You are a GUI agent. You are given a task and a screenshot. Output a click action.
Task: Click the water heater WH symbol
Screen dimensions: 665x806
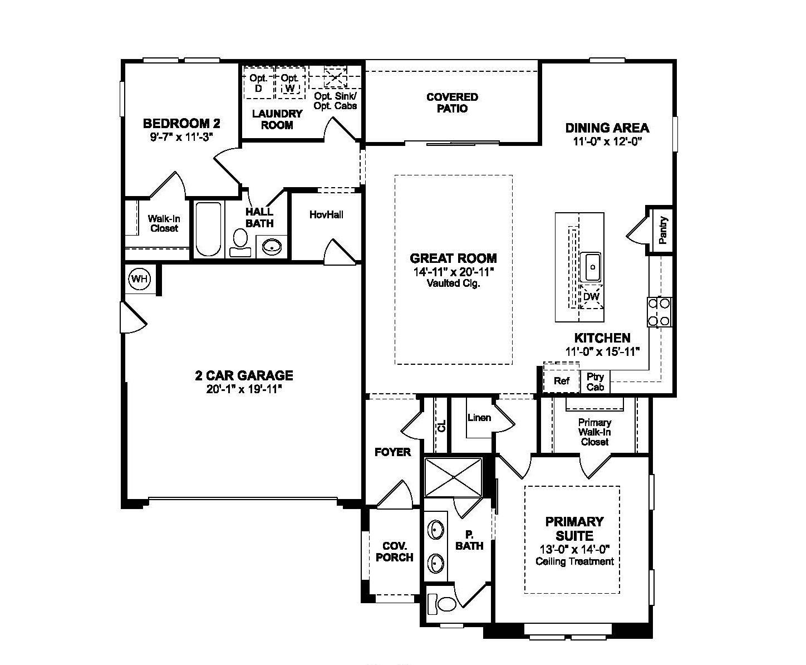tap(139, 278)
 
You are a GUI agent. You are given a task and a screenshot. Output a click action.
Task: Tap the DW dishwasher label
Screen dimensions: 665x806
tap(591, 297)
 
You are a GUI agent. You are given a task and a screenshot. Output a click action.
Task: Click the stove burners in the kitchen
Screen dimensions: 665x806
tap(659, 312)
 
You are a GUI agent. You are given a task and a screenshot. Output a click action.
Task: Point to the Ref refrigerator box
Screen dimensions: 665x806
tap(561, 381)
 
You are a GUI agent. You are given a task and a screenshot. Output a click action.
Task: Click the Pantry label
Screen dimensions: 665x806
tap(662, 230)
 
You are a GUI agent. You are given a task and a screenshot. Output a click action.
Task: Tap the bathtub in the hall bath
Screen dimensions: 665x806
tap(208, 229)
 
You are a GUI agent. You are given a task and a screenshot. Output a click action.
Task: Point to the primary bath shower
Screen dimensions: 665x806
tap(453, 477)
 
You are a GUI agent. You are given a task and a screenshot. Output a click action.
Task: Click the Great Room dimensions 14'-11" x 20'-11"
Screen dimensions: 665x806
tap(453, 272)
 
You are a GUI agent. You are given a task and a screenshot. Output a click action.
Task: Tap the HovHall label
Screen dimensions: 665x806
tap(326, 214)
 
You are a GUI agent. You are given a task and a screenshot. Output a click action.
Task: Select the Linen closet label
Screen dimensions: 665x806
tap(479, 417)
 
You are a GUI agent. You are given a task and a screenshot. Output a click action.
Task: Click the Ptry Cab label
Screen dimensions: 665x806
tap(595, 382)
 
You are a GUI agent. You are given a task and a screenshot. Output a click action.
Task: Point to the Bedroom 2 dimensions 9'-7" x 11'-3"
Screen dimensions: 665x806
tap(181, 137)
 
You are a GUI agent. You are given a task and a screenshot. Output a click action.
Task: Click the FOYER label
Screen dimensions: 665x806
tap(392, 452)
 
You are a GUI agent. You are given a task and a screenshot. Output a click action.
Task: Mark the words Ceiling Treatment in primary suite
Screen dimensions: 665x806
tap(574, 561)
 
